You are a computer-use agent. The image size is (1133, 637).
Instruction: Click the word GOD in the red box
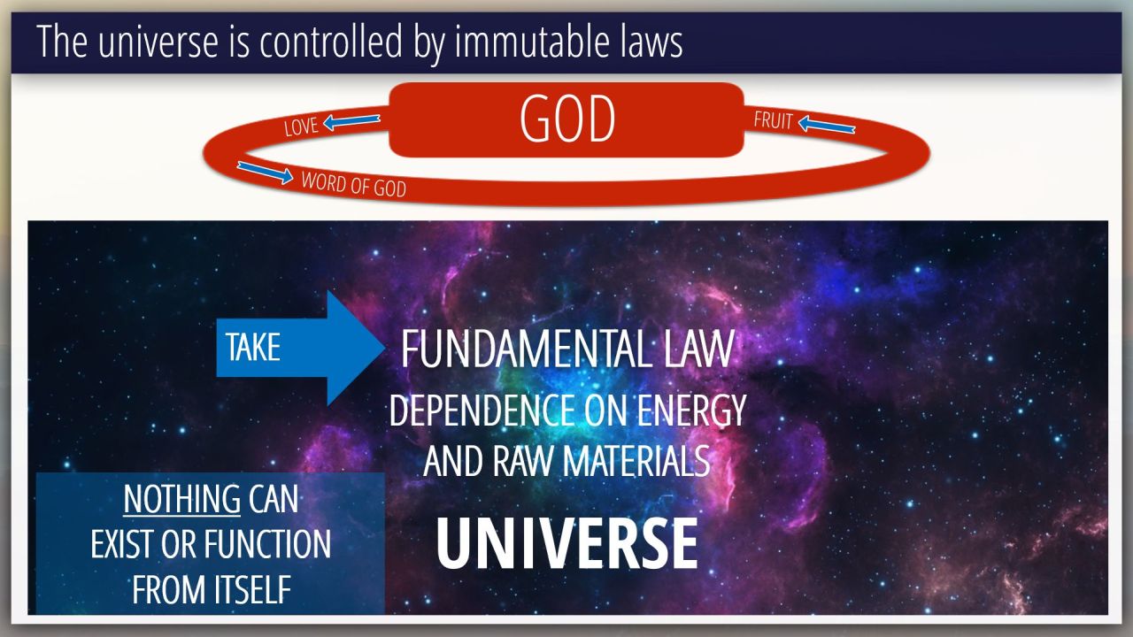click(x=567, y=119)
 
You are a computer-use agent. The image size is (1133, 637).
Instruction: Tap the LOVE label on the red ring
click(x=301, y=127)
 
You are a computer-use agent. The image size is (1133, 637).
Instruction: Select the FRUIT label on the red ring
click(x=773, y=119)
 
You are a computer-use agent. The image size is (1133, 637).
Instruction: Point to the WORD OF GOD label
click(x=353, y=185)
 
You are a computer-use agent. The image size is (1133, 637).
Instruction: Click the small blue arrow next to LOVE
click(x=351, y=121)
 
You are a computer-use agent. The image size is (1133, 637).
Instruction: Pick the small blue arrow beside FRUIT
click(x=827, y=125)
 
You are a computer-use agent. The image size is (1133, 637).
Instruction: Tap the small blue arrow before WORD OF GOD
click(x=265, y=173)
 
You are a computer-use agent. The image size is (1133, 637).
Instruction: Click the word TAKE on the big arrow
click(x=253, y=348)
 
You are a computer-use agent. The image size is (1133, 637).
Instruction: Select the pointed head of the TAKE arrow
click(x=384, y=348)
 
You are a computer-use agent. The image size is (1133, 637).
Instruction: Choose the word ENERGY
click(x=691, y=411)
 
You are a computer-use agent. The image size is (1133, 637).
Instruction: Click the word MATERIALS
click(x=636, y=461)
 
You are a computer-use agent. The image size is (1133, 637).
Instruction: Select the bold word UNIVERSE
click(x=567, y=544)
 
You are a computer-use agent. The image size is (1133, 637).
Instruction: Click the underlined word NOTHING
click(x=182, y=499)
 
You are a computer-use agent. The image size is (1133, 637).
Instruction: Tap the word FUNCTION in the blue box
click(x=267, y=544)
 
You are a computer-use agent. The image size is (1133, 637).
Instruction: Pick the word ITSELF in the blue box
click(x=251, y=589)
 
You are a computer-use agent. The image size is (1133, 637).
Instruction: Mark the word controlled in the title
click(x=331, y=42)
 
